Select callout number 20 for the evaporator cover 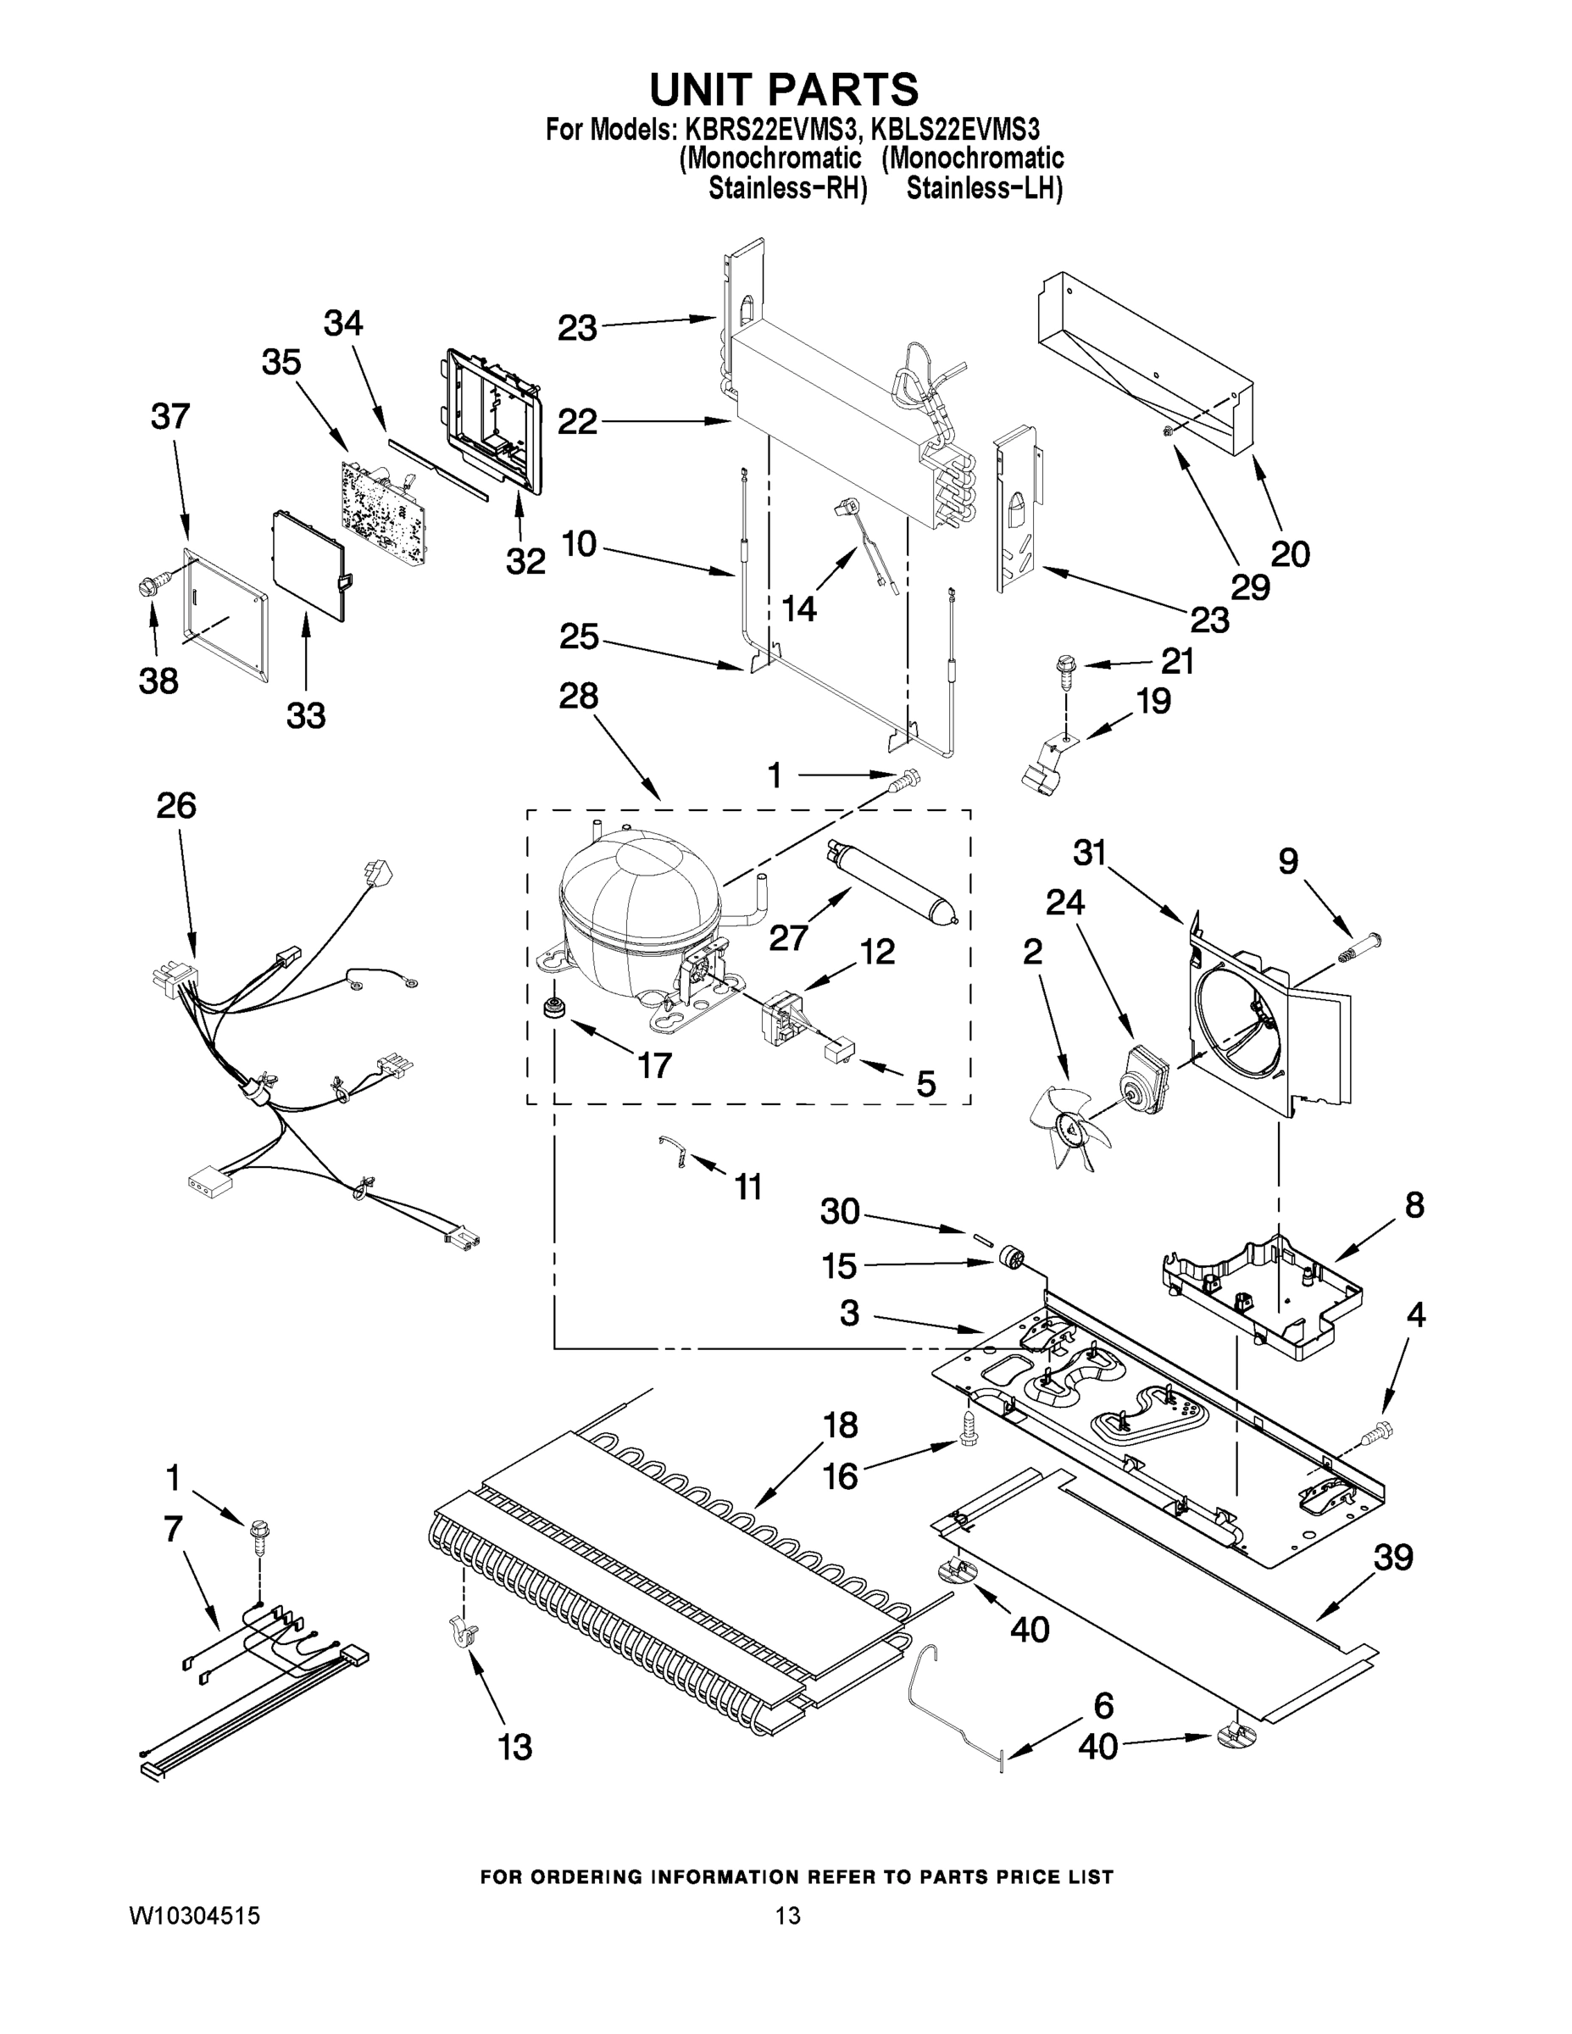1290,553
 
